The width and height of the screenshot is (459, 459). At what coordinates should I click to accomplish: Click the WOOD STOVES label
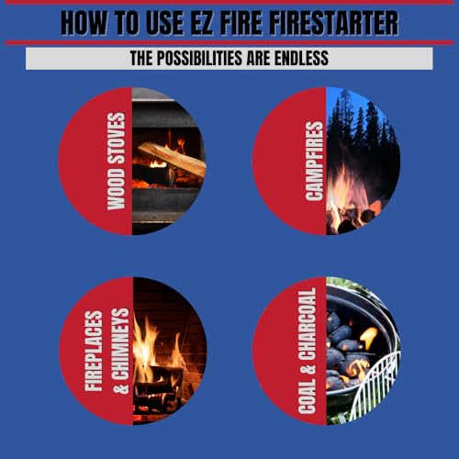pyautogui.click(x=116, y=162)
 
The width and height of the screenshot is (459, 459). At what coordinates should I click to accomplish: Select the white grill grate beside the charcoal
pyautogui.click(x=381, y=386)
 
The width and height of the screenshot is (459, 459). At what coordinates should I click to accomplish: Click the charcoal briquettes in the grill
pyautogui.click(x=344, y=349)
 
